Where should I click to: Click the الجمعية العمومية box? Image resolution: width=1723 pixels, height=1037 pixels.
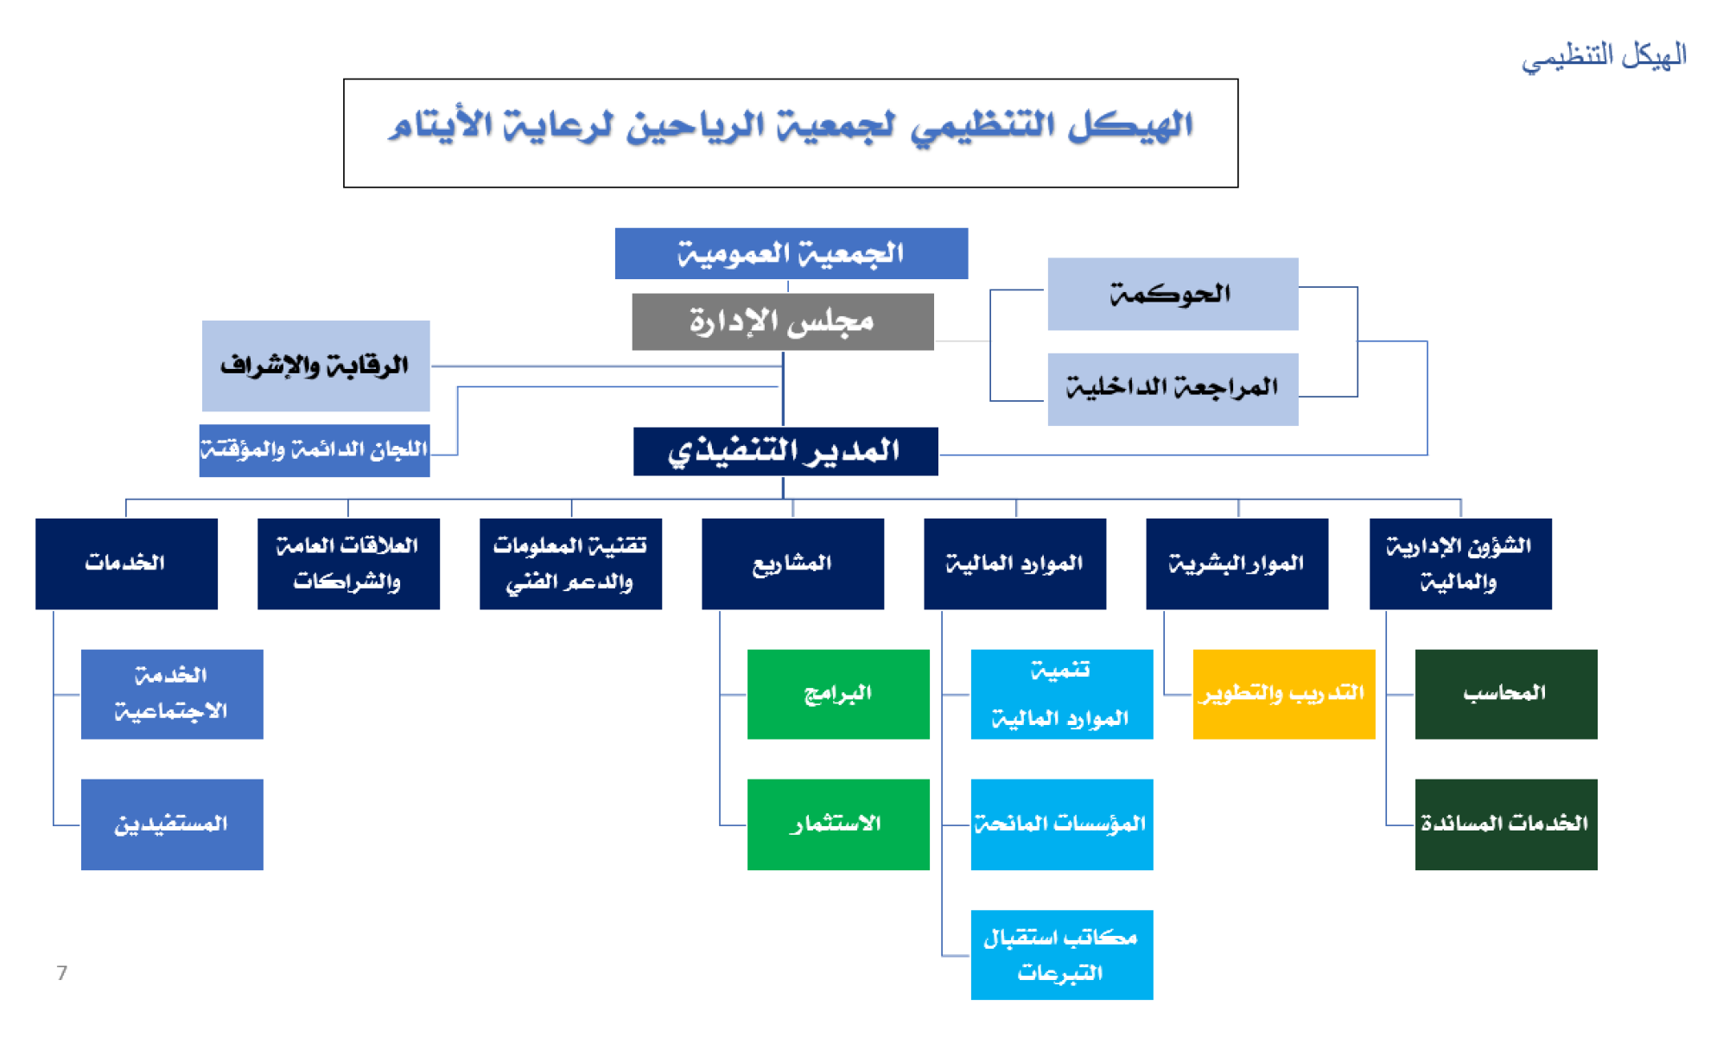pyautogui.click(x=791, y=253)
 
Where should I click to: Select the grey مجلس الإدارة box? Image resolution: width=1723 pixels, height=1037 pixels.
pyautogui.click(x=783, y=321)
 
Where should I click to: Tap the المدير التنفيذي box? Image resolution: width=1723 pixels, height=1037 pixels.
pyautogui.click(x=785, y=451)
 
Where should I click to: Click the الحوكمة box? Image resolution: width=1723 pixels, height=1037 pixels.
pyautogui.click(x=1173, y=294)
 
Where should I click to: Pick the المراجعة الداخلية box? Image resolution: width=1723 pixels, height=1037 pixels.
pyautogui.click(x=1173, y=389)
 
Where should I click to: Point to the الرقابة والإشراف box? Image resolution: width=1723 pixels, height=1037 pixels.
pyautogui.click(x=315, y=366)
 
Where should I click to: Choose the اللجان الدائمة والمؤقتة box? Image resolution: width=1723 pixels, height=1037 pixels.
pyautogui.click(x=315, y=450)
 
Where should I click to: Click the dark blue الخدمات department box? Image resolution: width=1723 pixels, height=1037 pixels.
pyautogui.click(x=126, y=563)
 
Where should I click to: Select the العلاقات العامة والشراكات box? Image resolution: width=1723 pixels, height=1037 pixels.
pyautogui.click(x=348, y=563)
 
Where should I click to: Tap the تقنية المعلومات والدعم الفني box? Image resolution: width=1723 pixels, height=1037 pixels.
pyautogui.click(x=570, y=563)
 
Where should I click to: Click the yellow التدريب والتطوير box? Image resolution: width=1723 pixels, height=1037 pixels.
pyautogui.click(x=1283, y=694)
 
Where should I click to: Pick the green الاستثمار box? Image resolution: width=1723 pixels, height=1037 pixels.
pyautogui.click(x=838, y=824)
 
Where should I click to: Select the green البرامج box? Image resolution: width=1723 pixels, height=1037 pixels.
pyautogui.click(x=838, y=694)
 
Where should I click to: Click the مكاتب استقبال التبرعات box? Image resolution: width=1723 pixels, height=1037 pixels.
pyautogui.click(x=1061, y=955)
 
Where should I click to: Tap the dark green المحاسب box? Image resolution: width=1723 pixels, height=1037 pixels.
pyautogui.click(x=1506, y=694)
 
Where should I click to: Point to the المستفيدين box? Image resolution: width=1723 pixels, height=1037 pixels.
pyautogui.click(x=172, y=824)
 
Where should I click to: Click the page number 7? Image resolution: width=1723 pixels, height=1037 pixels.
pyautogui.click(x=61, y=973)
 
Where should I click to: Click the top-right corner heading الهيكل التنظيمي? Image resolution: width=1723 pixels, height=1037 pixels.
pyautogui.click(x=1604, y=56)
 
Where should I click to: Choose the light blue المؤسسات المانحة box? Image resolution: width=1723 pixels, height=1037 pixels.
pyautogui.click(x=1061, y=824)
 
